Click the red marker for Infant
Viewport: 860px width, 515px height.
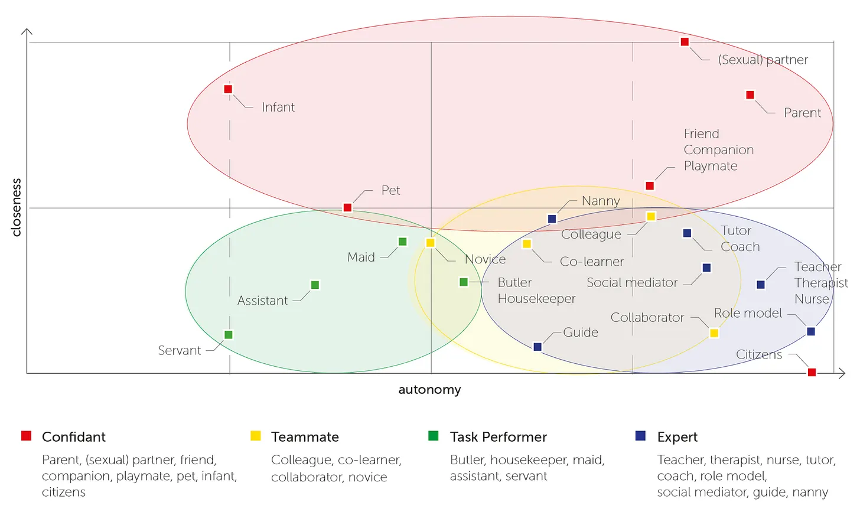pos(228,89)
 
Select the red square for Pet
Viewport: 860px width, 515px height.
pos(347,207)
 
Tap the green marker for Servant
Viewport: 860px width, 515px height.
pos(229,335)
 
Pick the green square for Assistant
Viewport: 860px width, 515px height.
pos(315,285)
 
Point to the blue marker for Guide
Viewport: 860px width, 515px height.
pos(537,347)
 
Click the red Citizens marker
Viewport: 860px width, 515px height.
pos(812,372)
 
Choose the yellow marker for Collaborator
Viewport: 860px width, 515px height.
pos(714,333)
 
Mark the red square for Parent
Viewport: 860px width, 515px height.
pos(750,95)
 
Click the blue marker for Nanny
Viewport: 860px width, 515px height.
pos(552,219)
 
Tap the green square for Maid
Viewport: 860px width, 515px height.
pos(402,242)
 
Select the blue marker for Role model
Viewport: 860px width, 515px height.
pos(811,331)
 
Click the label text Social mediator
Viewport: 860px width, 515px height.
pos(632,283)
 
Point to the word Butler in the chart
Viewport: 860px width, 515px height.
pos(514,283)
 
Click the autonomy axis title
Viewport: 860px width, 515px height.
pos(429,390)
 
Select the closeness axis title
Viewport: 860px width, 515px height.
pos(17,207)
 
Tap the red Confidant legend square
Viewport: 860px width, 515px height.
pos(26,436)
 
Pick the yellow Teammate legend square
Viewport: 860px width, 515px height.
pos(255,436)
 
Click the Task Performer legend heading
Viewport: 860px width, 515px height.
pos(498,437)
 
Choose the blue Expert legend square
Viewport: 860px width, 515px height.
pos(640,436)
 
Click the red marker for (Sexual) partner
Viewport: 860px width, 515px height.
pos(685,42)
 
